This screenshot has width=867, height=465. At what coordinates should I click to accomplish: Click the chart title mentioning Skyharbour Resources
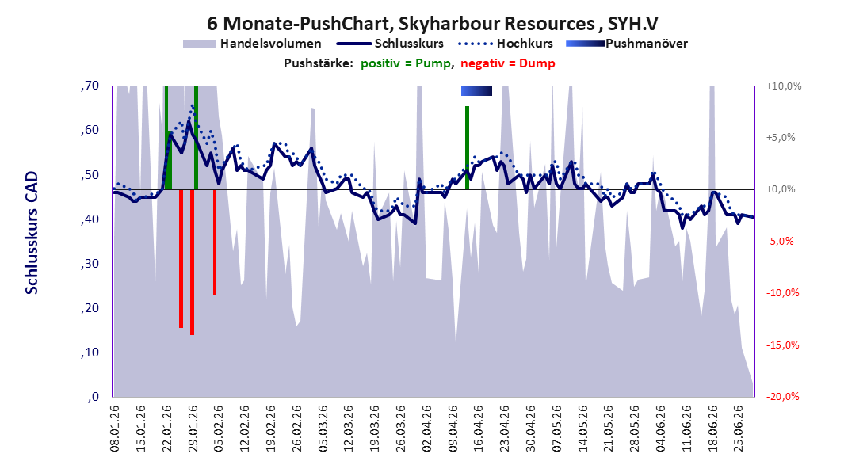[433, 24]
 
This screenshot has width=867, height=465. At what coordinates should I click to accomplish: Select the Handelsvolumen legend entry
[252, 43]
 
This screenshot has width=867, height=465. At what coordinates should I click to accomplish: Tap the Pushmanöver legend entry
[627, 43]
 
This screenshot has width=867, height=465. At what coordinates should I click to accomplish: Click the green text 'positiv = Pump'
[406, 63]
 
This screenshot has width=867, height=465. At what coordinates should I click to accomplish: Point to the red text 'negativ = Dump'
[507, 63]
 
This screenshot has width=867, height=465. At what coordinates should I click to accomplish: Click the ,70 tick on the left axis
[90, 85]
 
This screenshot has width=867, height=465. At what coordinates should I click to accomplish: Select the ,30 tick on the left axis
[90, 263]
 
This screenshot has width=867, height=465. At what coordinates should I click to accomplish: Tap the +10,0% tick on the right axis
[784, 86]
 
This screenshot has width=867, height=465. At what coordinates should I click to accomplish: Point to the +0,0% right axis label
[781, 189]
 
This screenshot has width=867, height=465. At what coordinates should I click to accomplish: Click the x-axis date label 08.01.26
[115, 429]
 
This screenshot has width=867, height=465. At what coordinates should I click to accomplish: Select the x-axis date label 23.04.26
[504, 429]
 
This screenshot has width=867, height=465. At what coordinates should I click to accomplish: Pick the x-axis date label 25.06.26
[738, 429]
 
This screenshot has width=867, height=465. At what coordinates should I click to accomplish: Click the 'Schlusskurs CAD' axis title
[32, 232]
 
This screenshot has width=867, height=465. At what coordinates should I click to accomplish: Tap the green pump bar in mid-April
[468, 147]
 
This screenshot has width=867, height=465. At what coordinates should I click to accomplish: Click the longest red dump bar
[192, 262]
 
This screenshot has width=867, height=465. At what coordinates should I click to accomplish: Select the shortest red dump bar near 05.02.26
[215, 242]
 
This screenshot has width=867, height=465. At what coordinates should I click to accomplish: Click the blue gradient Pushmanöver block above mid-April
[476, 90]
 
